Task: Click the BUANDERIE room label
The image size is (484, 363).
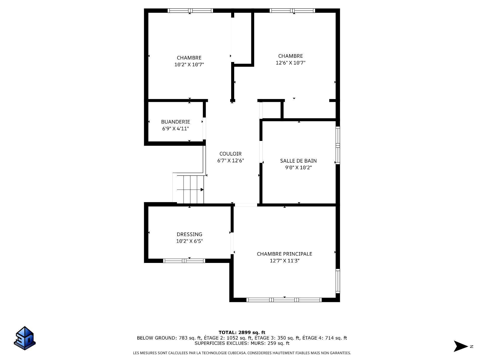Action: click(175, 122)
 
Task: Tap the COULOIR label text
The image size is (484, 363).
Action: click(230, 154)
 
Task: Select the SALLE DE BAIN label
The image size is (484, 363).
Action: click(298, 161)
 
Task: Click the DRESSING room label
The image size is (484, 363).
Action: click(189, 234)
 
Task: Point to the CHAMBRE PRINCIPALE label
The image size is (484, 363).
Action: click(284, 254)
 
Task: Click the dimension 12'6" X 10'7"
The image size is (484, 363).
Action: click(290, 63)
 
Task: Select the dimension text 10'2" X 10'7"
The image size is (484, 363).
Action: click(189, 65)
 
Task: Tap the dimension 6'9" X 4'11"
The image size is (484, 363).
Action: click(175, 129)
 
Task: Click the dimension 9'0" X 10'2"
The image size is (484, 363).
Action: click(298, 168)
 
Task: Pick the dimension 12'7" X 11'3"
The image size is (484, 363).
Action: click(284, 261)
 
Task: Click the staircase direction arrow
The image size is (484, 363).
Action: click(202, 190)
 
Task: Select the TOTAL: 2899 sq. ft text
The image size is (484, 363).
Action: click(242, 332)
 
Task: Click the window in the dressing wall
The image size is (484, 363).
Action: click(184, 261)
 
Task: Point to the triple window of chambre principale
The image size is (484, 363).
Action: click(284, 300)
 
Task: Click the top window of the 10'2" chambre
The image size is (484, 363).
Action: click(190, 11)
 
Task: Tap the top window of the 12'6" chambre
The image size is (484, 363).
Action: click(292, 11)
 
